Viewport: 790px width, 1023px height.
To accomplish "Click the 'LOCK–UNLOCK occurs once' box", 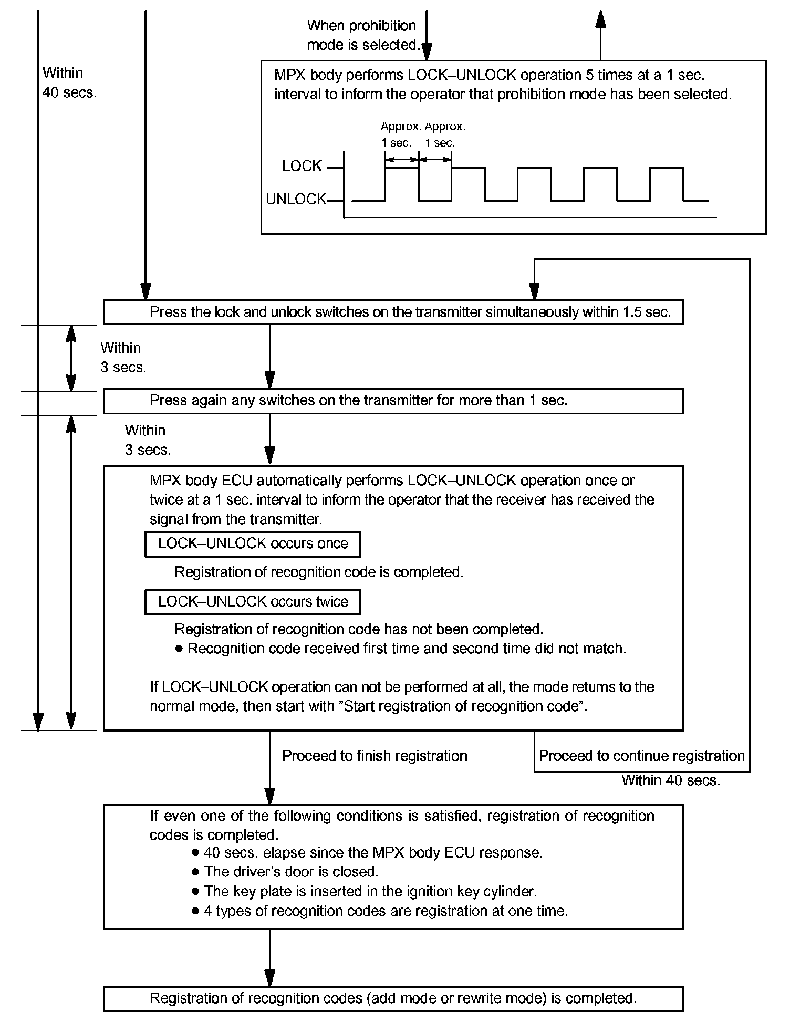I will coord(253,544).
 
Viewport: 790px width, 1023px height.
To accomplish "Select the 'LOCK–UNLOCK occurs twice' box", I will coord(253,602).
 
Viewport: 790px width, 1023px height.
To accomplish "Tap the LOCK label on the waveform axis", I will coord(302,166).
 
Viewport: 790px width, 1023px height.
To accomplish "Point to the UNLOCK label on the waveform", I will coord(296,200).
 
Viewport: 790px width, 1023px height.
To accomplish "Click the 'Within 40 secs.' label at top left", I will coord(69,83).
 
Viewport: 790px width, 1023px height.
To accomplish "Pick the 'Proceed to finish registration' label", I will coord(375,756).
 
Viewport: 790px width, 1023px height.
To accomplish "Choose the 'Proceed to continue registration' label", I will coord(641,756).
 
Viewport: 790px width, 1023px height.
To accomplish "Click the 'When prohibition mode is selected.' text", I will coord(362,35).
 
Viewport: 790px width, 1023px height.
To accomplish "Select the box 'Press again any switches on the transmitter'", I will coord(393,401).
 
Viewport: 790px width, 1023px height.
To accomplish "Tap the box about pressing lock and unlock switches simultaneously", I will coord(393,312).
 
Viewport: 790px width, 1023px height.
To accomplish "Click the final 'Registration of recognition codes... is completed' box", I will coord(393,998).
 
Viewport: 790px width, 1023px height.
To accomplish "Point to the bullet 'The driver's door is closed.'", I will coord(291,872).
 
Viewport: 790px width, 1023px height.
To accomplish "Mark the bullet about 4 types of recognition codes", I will coord(386,911).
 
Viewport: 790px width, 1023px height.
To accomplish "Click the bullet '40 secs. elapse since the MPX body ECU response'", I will coord(373,852).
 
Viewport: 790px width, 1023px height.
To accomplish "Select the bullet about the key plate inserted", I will coord(370,891).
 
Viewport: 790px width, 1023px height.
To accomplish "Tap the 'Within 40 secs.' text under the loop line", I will coord(671,780).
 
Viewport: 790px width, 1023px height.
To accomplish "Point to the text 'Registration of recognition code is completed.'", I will coord(319,572).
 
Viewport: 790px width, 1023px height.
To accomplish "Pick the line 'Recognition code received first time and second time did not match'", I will coord(407,649).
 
